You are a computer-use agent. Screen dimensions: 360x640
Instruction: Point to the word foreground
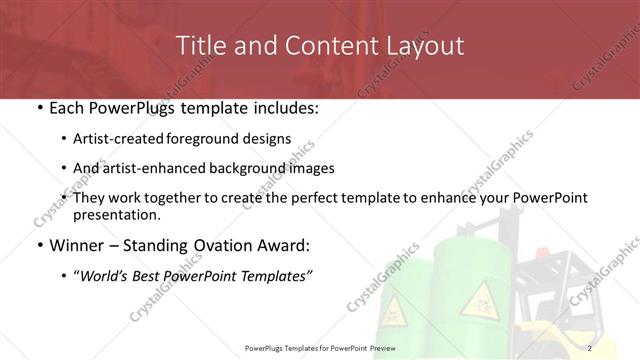tap(217, 139)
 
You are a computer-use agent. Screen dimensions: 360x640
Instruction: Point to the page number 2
tap(591, 348)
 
